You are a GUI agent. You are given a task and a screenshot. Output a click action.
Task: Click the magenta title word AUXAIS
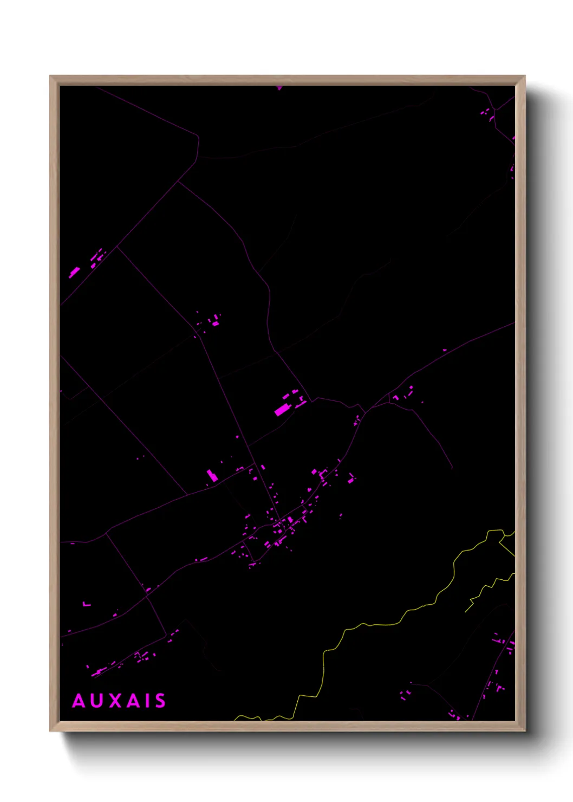(119, 701)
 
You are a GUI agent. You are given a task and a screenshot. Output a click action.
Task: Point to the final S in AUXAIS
(160, 701)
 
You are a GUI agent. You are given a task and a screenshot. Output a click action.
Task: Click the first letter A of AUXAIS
(79, 701)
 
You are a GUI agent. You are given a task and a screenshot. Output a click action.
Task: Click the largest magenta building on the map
(281, 410)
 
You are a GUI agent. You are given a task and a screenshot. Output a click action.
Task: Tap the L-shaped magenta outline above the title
(86, 604)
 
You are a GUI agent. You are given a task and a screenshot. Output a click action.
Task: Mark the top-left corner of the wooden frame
(50, 76)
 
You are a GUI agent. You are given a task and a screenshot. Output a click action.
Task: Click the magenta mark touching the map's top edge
(279, 87)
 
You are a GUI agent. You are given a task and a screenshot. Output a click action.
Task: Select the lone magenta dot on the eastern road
(445, 350)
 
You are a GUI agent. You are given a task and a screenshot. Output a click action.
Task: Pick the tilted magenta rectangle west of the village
(212, 476)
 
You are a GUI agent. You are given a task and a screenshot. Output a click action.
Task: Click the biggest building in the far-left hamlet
(74, 272)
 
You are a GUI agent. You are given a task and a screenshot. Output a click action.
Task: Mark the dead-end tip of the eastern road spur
(452, 468)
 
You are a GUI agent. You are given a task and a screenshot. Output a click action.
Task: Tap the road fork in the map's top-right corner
(494, 110)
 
